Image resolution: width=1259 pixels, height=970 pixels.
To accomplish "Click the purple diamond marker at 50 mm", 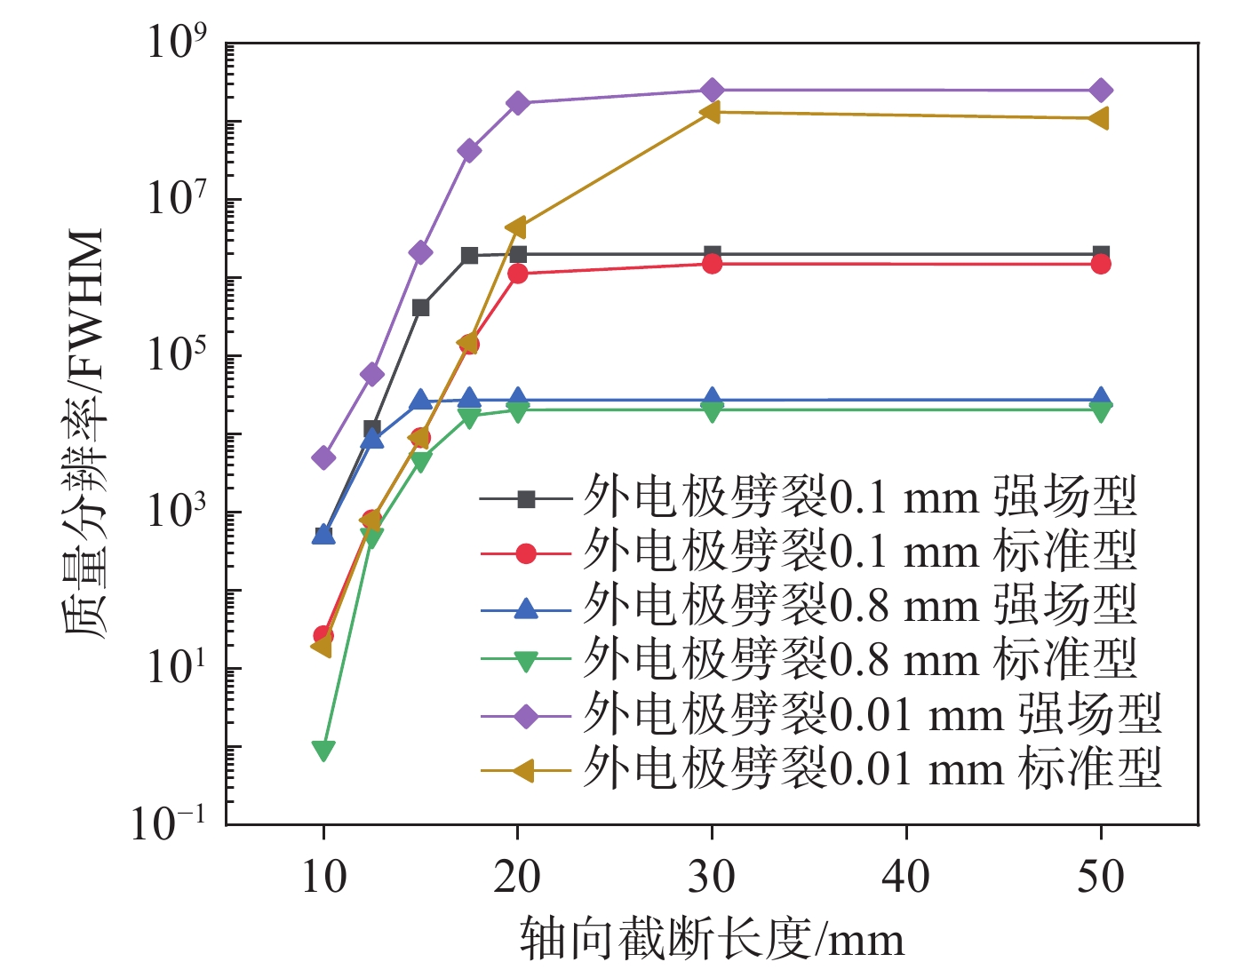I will tap(1100, 91).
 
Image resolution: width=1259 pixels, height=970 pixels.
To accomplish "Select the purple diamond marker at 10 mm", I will tap(323, 457).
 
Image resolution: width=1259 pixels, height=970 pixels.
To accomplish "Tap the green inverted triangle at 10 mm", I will tap(323, 751).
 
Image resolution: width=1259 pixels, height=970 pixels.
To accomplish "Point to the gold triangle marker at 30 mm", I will tap(710, 112).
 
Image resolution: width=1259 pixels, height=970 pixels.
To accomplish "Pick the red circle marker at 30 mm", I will tap(712, 264).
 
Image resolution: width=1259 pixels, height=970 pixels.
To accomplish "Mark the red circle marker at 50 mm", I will tap(1100, 264).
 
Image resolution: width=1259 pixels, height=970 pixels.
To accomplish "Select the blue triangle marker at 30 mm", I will tap(712, 399).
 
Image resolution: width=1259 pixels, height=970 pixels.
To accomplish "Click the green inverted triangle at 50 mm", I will tap(1100, 410).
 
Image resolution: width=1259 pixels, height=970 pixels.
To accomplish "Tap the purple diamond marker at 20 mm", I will tap(518, 103).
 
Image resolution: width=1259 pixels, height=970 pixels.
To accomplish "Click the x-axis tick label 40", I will tap(905, 878).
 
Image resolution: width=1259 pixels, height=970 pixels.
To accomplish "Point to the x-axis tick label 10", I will tap(323, 878).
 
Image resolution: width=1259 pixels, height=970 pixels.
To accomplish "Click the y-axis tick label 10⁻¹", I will tap(169, 823).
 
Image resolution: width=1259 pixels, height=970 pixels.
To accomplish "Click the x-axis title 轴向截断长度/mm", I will tap(712, 940).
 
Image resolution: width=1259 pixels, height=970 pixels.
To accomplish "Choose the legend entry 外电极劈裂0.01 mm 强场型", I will tap(872, 715).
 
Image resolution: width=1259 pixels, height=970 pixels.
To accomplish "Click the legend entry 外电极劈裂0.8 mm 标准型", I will tap(859, 660).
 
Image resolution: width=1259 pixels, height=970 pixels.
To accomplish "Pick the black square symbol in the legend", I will tap(526, 499).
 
